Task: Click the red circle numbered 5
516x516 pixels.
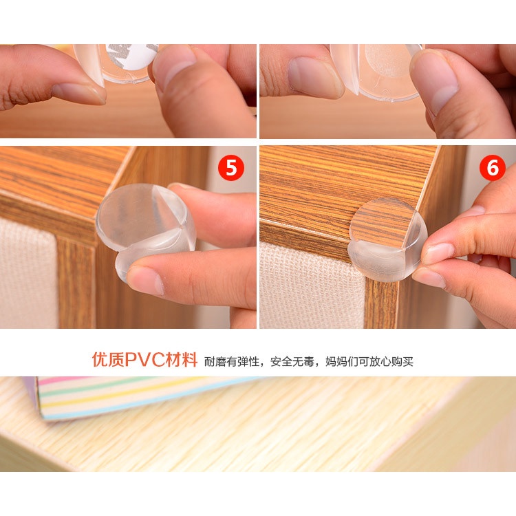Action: coord(231,167)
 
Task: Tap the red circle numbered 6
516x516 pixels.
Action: coord(493,167)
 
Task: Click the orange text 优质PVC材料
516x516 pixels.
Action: coord(144,360)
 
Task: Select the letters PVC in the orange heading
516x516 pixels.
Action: coord(144,360)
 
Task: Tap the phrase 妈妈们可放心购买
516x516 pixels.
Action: coord(369,362)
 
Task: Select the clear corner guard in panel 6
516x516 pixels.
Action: coord(387,239)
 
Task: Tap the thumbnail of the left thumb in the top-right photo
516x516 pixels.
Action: coord(315,76)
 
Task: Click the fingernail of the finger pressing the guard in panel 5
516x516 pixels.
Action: coord(145,280)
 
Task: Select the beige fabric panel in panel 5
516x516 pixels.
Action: coord(29,272)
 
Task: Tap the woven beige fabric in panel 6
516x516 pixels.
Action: coord(311,286)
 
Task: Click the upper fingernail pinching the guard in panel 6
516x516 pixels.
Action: coord(438,253)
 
